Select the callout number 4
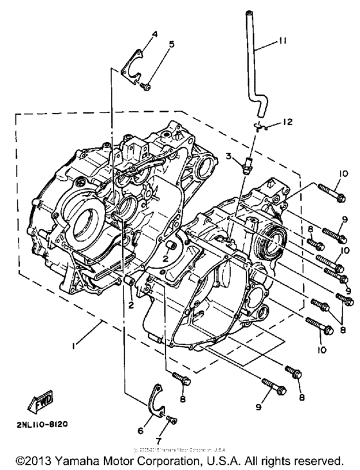[136, 33]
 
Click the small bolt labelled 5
[147, 86]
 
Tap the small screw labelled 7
[170, 420]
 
